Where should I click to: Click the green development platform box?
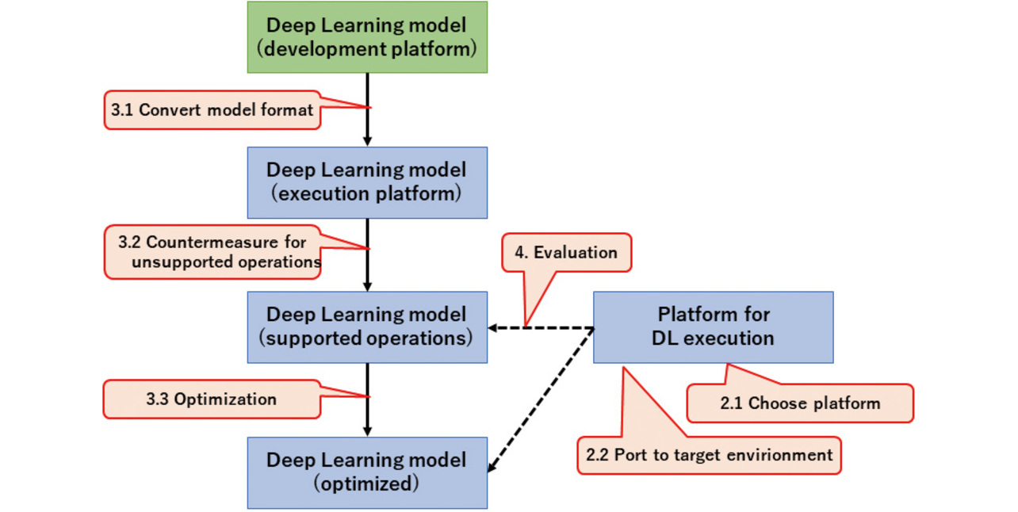click(x=367, y=37)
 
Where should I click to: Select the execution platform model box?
click(x=367, y=182)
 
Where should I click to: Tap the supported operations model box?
click(x=367, y=327)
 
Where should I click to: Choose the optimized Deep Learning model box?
click(x=367, y=472)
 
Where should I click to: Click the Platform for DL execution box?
click(x=713, y=327)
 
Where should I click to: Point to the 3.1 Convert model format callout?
click(x=212, y=110)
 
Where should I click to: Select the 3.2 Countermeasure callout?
click(x=212, y=252)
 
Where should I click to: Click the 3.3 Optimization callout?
click(x=212, y=399)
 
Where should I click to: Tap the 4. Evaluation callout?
click(x=566, y=254)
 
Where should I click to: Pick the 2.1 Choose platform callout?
click(x=799, y=403)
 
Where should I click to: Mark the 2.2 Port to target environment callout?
click(x=709, y=456)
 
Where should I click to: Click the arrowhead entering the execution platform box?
click(x=367, y=141)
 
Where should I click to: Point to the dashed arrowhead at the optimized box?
click(x=492, y=468)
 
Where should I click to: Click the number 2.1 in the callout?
click(x=732, y=403)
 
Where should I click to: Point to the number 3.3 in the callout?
click(x=158, y=399)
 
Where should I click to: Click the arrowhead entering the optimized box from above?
click(x=367, y=431)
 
